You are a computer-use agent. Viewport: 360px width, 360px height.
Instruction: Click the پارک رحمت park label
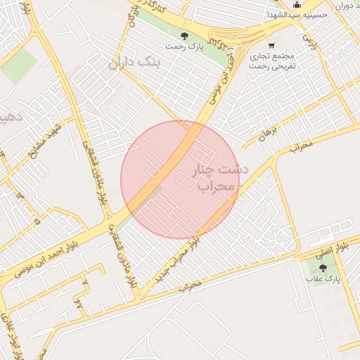pyautogui.click(x=182, y=46)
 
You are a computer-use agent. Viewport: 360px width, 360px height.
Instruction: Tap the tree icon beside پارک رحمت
pyautogui.click(x=184, y=36)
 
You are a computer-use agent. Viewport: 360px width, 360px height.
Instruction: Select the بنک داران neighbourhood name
pyautogui.click(x=136, y=64)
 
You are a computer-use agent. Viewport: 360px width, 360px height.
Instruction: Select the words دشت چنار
pyautogui.click(x=216, y=170)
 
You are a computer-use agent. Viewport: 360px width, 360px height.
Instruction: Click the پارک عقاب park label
pyautogui.click(x=322, y=279)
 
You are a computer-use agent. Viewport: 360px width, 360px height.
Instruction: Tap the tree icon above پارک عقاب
pyautogui.click(x=323, y=268)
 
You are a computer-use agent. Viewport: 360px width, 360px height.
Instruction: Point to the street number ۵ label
pyautogui.click(x=37, y=221)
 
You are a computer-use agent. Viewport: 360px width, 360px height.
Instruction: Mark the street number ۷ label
pyautogui.click(x=86, y=281)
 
